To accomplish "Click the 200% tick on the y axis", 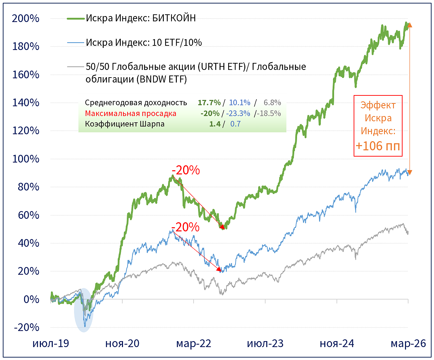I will pos(26,18).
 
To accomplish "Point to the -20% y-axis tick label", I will pos(27,327).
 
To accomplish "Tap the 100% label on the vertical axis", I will pos(26,159).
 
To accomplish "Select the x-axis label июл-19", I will pos(51,344).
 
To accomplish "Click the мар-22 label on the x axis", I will pos(194,344).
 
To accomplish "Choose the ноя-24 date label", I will pos(337,344).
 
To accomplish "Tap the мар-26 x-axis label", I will pos(408,344).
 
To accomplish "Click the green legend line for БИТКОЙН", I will pos(76,19).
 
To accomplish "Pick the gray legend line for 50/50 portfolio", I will pos(76,67).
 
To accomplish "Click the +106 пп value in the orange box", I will pos(378,146).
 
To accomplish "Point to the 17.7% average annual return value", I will pos(209,103).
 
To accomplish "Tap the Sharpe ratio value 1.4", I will pos(215,124).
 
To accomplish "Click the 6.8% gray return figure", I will pos(272,103).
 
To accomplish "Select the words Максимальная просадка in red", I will pos(131,113).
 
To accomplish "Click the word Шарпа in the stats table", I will pos(152,124).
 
